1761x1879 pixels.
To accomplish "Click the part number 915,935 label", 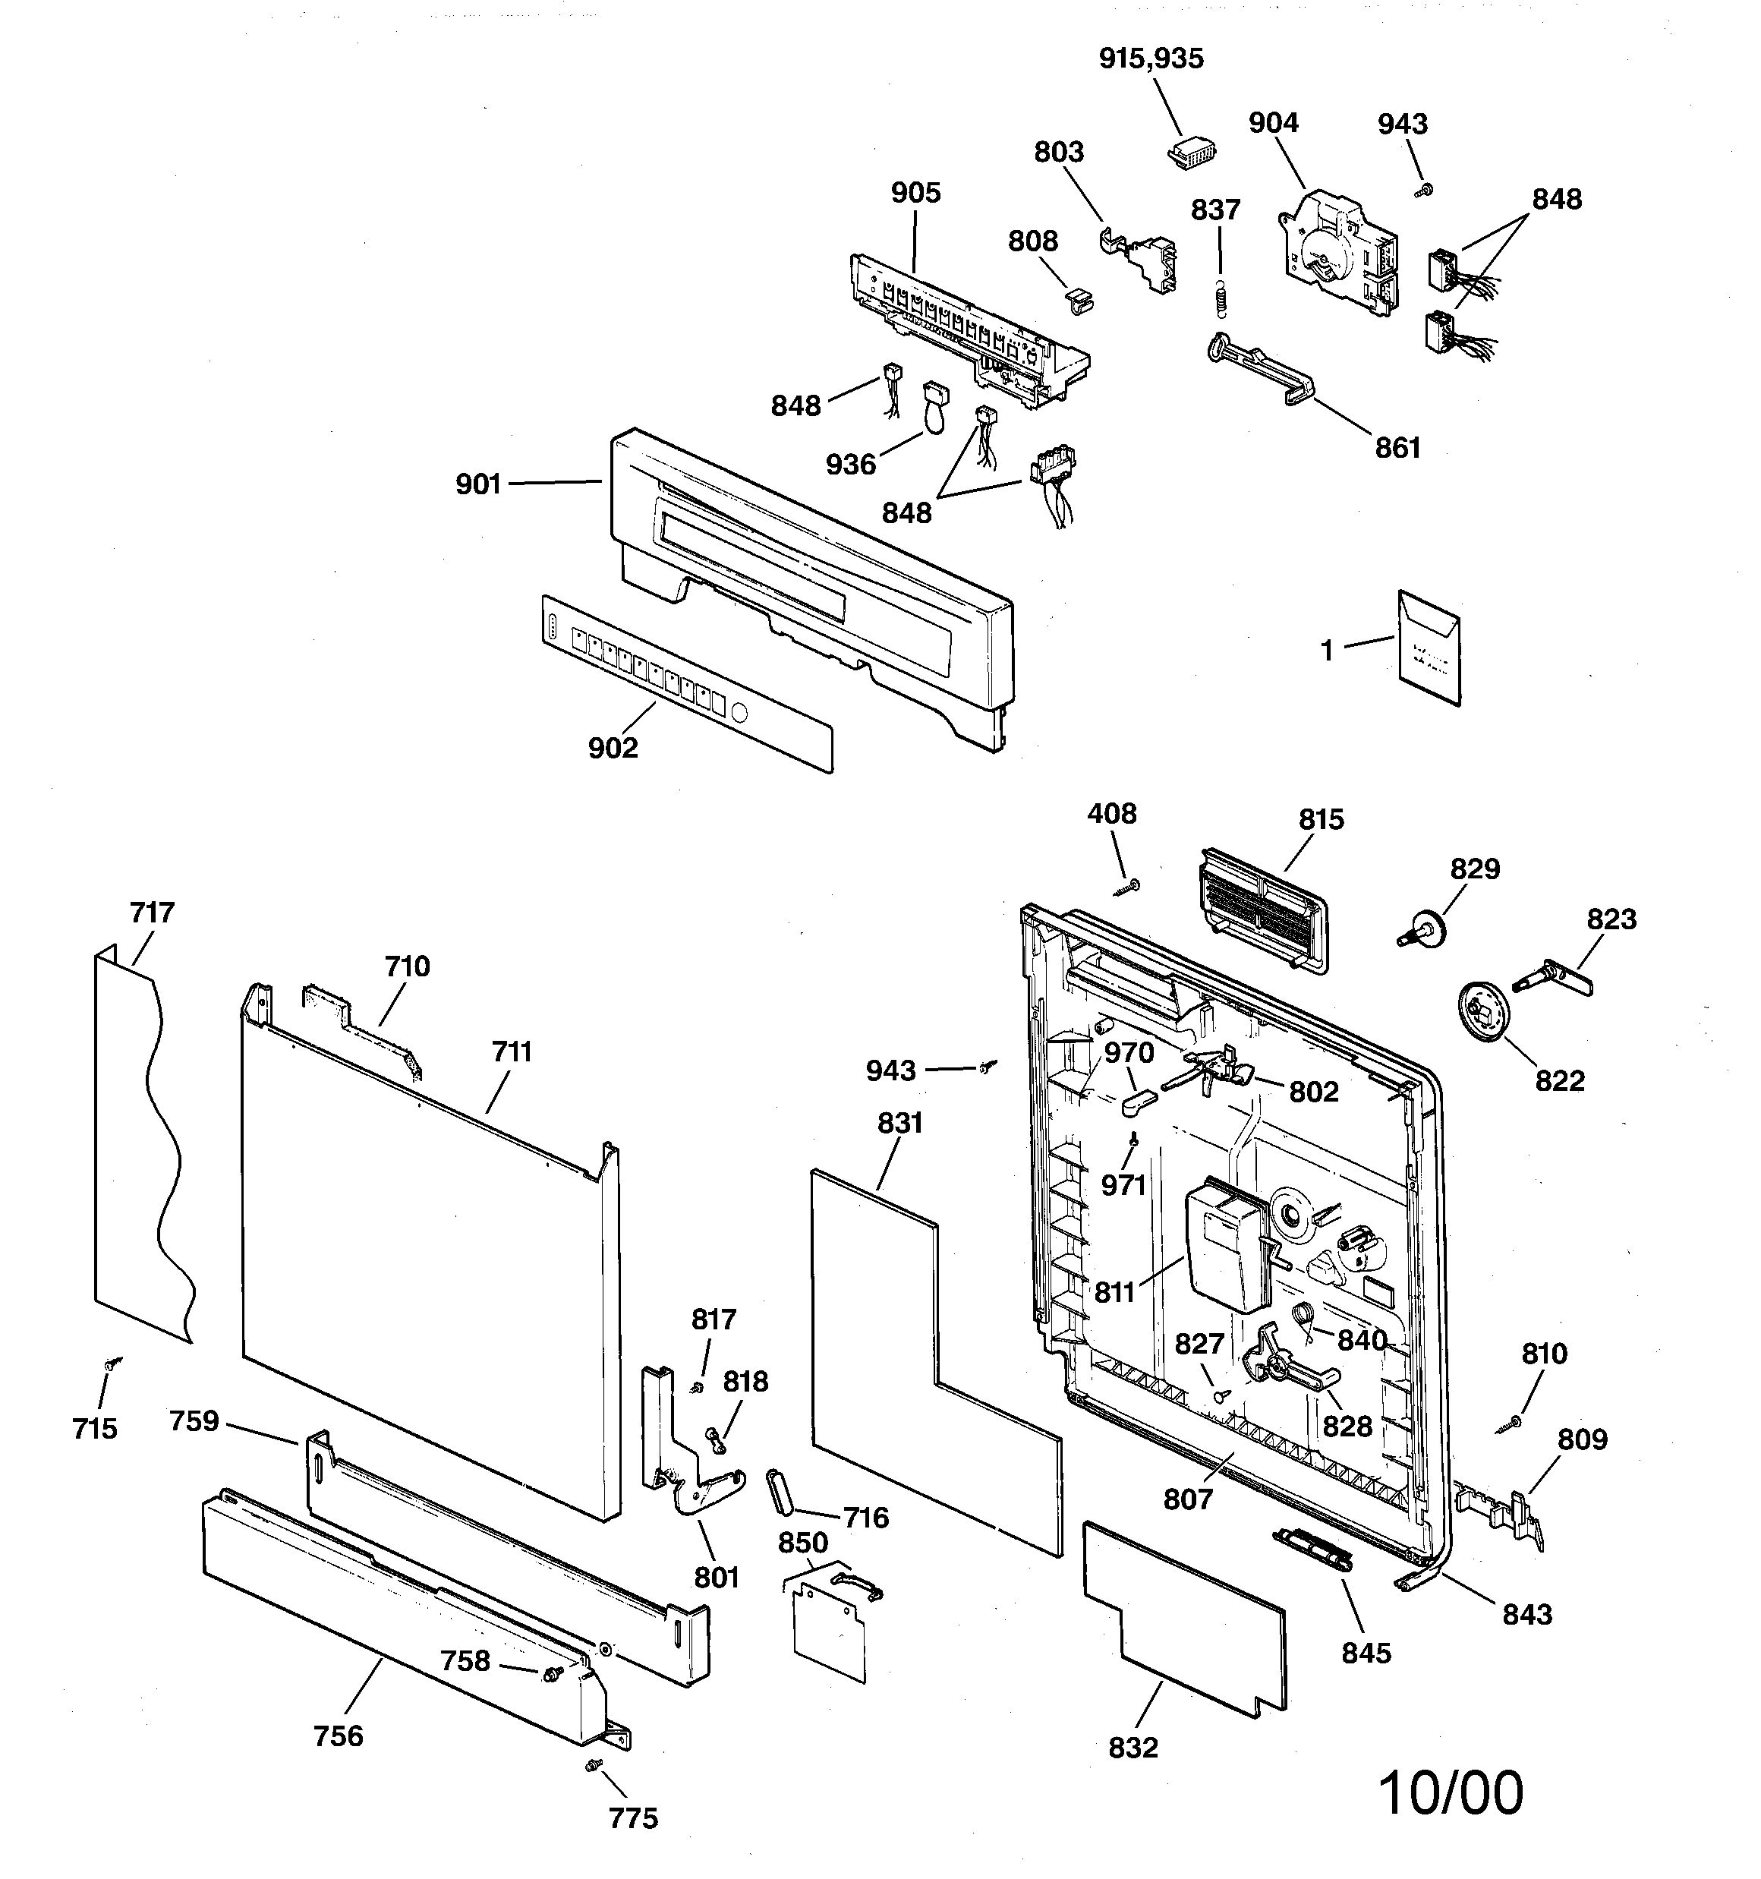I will tap(1151, 58).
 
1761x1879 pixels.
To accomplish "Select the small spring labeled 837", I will tap(1221, 301).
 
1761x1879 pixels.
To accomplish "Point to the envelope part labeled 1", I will tap(1429, 648).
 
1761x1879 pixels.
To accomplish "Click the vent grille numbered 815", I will tap(1263, 910).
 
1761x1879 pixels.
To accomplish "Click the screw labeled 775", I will tap(592, 1764).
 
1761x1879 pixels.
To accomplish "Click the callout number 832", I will tap(1133, 1748).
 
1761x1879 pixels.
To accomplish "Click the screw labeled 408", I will tap(1129, 884).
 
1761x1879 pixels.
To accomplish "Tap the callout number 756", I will tap(339, 1736).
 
